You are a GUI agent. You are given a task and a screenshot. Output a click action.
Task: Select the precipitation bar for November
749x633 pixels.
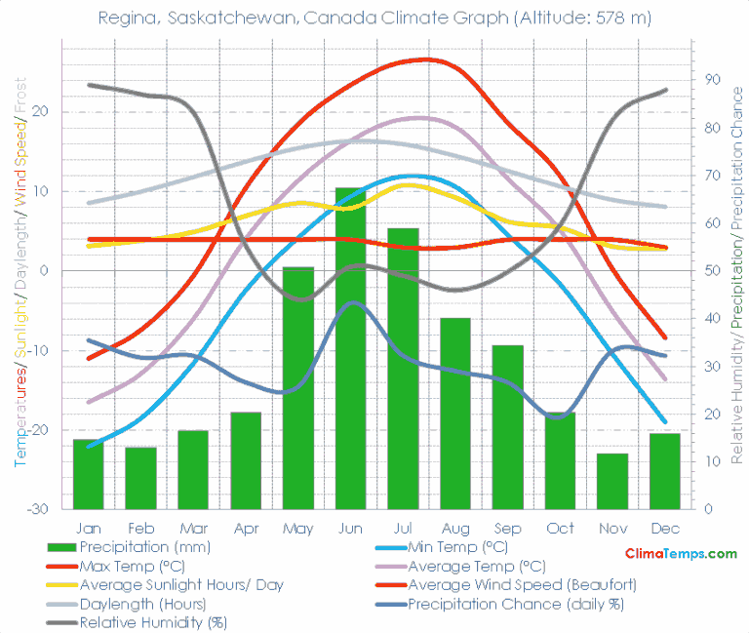612,481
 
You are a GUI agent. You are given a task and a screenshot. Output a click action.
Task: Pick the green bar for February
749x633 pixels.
140,478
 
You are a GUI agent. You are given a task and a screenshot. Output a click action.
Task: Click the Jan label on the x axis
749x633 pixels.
88,528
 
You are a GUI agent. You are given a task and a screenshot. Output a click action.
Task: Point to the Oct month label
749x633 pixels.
560,528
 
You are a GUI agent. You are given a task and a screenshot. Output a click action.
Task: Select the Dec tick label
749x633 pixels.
665,528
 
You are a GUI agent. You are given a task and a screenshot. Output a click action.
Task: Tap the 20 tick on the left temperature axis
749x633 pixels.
40,111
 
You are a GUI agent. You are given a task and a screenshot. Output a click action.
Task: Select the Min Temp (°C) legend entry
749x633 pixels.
457,546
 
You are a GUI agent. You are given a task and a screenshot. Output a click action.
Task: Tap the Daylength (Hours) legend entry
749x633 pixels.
142,604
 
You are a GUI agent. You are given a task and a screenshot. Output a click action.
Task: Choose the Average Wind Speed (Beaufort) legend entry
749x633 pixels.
522,584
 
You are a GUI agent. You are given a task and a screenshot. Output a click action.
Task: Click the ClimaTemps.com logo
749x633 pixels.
681,553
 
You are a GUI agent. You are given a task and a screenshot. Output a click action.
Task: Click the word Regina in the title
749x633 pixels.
125,19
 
